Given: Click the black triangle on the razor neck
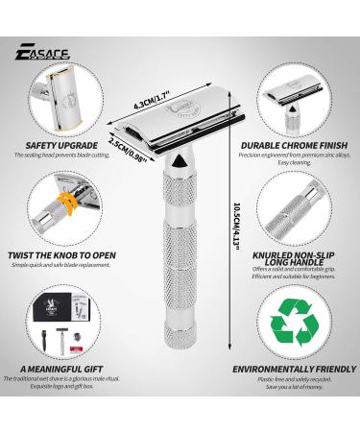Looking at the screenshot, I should click(x=181, y=165).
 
